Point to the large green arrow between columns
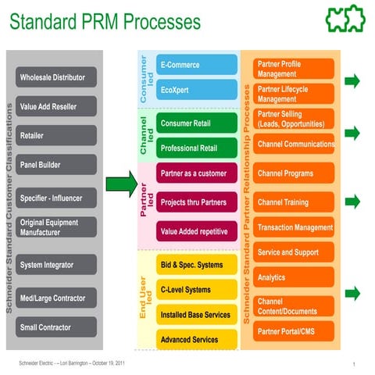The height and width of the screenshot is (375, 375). point(122,185)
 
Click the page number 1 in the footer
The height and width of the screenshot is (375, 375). point(354,364)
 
